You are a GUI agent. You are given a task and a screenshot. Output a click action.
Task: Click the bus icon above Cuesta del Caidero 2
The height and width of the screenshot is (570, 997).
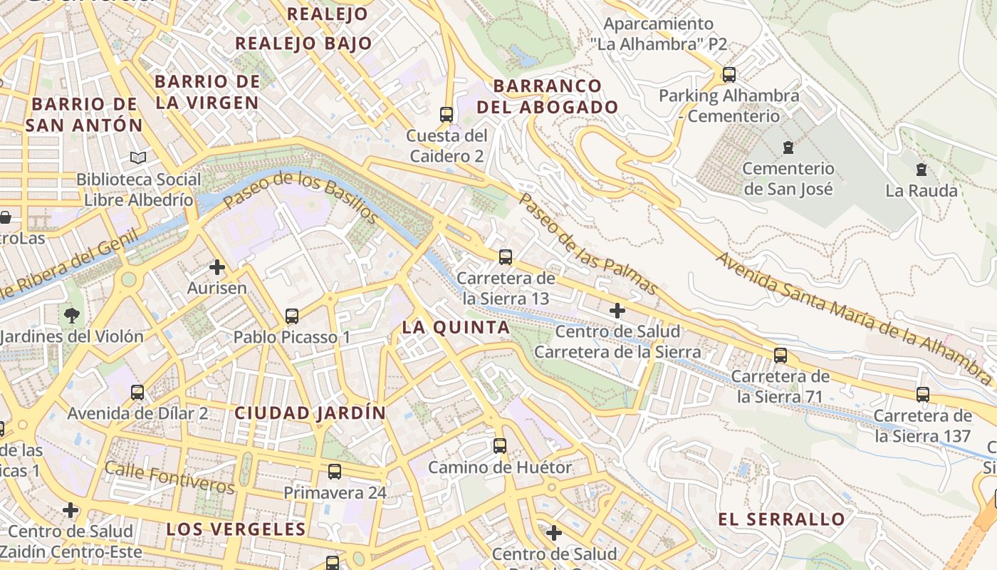pyautogui.click(x=447, y=114)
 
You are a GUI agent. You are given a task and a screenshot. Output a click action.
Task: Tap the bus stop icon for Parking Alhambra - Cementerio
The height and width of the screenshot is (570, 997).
pyautogui.click(x=729, y=74)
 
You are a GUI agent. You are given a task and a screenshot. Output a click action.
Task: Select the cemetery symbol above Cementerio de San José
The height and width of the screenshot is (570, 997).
pyautogui.click(x=788, y=147)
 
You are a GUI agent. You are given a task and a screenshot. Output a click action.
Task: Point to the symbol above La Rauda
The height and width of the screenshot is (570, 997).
pyautogui.click(x=922, y=170)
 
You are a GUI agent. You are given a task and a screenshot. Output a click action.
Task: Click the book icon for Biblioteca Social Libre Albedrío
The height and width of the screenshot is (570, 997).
pyautogui.click(x=137, y=157)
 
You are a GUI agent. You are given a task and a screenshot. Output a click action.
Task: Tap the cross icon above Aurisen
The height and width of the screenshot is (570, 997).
pyautogui.click(x=217, y=267)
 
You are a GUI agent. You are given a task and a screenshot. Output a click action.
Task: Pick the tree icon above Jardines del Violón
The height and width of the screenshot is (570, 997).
pyautogui.click(x=71, y=315)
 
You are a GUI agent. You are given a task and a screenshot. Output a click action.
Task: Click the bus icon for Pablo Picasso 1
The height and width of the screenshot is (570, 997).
pyautogui.click(x=291, y=316)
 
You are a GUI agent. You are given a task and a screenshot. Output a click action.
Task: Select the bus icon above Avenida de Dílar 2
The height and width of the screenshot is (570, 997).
pyautogui.click(x=137, y=392)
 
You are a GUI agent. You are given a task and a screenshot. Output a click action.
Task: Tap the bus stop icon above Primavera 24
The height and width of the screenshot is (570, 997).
pyautogui.click(x=334, y=471)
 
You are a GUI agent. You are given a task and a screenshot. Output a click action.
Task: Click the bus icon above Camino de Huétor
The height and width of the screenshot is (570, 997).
pyautogui.click(x=500, y=446)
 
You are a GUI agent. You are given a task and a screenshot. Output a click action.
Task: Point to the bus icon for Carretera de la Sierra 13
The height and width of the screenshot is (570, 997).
pyautogui.click(x=506, y=256)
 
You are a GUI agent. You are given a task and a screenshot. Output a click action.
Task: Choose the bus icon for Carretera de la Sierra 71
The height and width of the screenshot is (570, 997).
pyautogui.click(x=781, y=355)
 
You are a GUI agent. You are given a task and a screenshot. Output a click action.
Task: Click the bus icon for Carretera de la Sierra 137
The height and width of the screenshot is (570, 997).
pyautogui.click(x=923, y=394)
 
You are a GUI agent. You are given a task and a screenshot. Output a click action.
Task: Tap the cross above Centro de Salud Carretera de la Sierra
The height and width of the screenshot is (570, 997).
pyautogui.click(x=617, y=310)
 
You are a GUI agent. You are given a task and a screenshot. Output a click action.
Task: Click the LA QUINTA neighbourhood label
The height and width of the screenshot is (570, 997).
pyautogui.click(x=456, y=328)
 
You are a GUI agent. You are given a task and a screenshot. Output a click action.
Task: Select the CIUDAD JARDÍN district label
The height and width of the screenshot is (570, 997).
pyautogui.click(x=310, y=413)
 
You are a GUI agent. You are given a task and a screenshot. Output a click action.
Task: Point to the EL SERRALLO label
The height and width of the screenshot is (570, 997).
pyautogui.click(x=781, y=519)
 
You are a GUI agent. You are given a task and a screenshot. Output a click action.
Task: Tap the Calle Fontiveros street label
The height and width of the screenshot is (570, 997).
pyautogui.click(x=169, y=477)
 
